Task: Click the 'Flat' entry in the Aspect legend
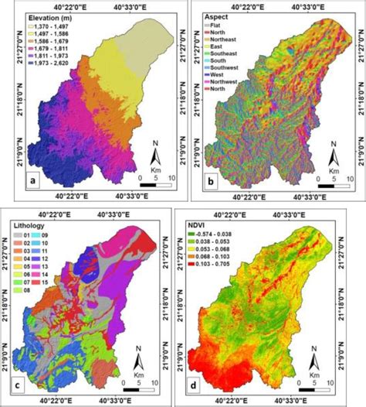(x=219, y=25)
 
